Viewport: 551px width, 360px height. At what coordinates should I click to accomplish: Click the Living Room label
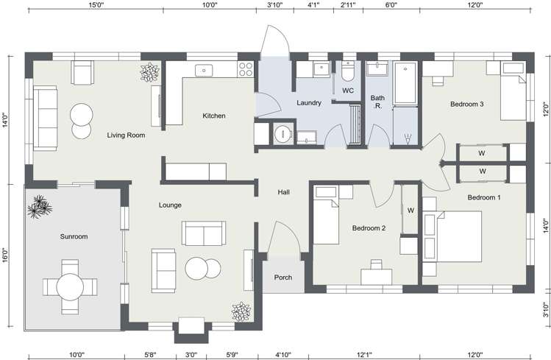click(126, 135)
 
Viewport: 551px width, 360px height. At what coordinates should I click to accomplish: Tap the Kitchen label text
click(214, 116)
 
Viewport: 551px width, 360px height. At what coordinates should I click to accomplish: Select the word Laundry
click(308, 103)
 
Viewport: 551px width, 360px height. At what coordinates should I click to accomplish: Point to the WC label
click(348, 91)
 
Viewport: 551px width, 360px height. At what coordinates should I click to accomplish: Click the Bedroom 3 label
click(466, 104)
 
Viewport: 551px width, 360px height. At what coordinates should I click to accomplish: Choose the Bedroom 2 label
click(369, 227)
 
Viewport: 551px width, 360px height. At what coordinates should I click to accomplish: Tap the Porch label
click(283, 278)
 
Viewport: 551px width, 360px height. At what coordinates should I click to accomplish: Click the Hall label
click(284, 192)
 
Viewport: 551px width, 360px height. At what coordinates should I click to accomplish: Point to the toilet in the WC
click(348, 72)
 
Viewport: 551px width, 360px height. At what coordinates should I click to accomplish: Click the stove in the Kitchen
click(245, 70)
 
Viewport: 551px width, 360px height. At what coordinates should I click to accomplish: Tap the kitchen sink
click(204, 71)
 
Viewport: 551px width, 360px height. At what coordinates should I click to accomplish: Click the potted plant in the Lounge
click(241, 312)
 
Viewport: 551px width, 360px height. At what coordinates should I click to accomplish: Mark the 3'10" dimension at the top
click(275, 5)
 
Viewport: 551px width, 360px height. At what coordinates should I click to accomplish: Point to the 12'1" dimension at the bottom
click(364, 354)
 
